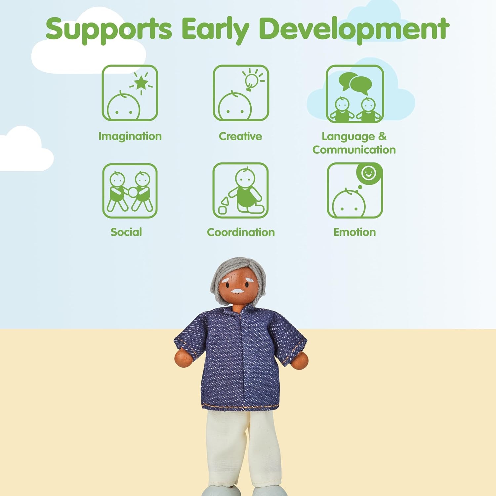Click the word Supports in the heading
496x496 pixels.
tap(109, 29)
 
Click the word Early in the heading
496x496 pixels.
tap(215, 29)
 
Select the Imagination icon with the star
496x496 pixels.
tap(130, 93)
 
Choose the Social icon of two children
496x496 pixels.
tap(130, 191)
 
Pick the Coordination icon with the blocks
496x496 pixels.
tap(240, 191)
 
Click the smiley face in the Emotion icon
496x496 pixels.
tap(368, 173)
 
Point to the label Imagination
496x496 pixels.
tap(130, 136)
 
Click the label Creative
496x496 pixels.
tap(240, 136)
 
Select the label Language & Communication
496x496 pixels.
tap(354, 143)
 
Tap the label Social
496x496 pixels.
tap(126, 232)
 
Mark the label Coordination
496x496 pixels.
tap(241, 232)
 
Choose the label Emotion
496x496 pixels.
tap(354, 232)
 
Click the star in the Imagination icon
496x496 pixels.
tap(142, 83)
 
